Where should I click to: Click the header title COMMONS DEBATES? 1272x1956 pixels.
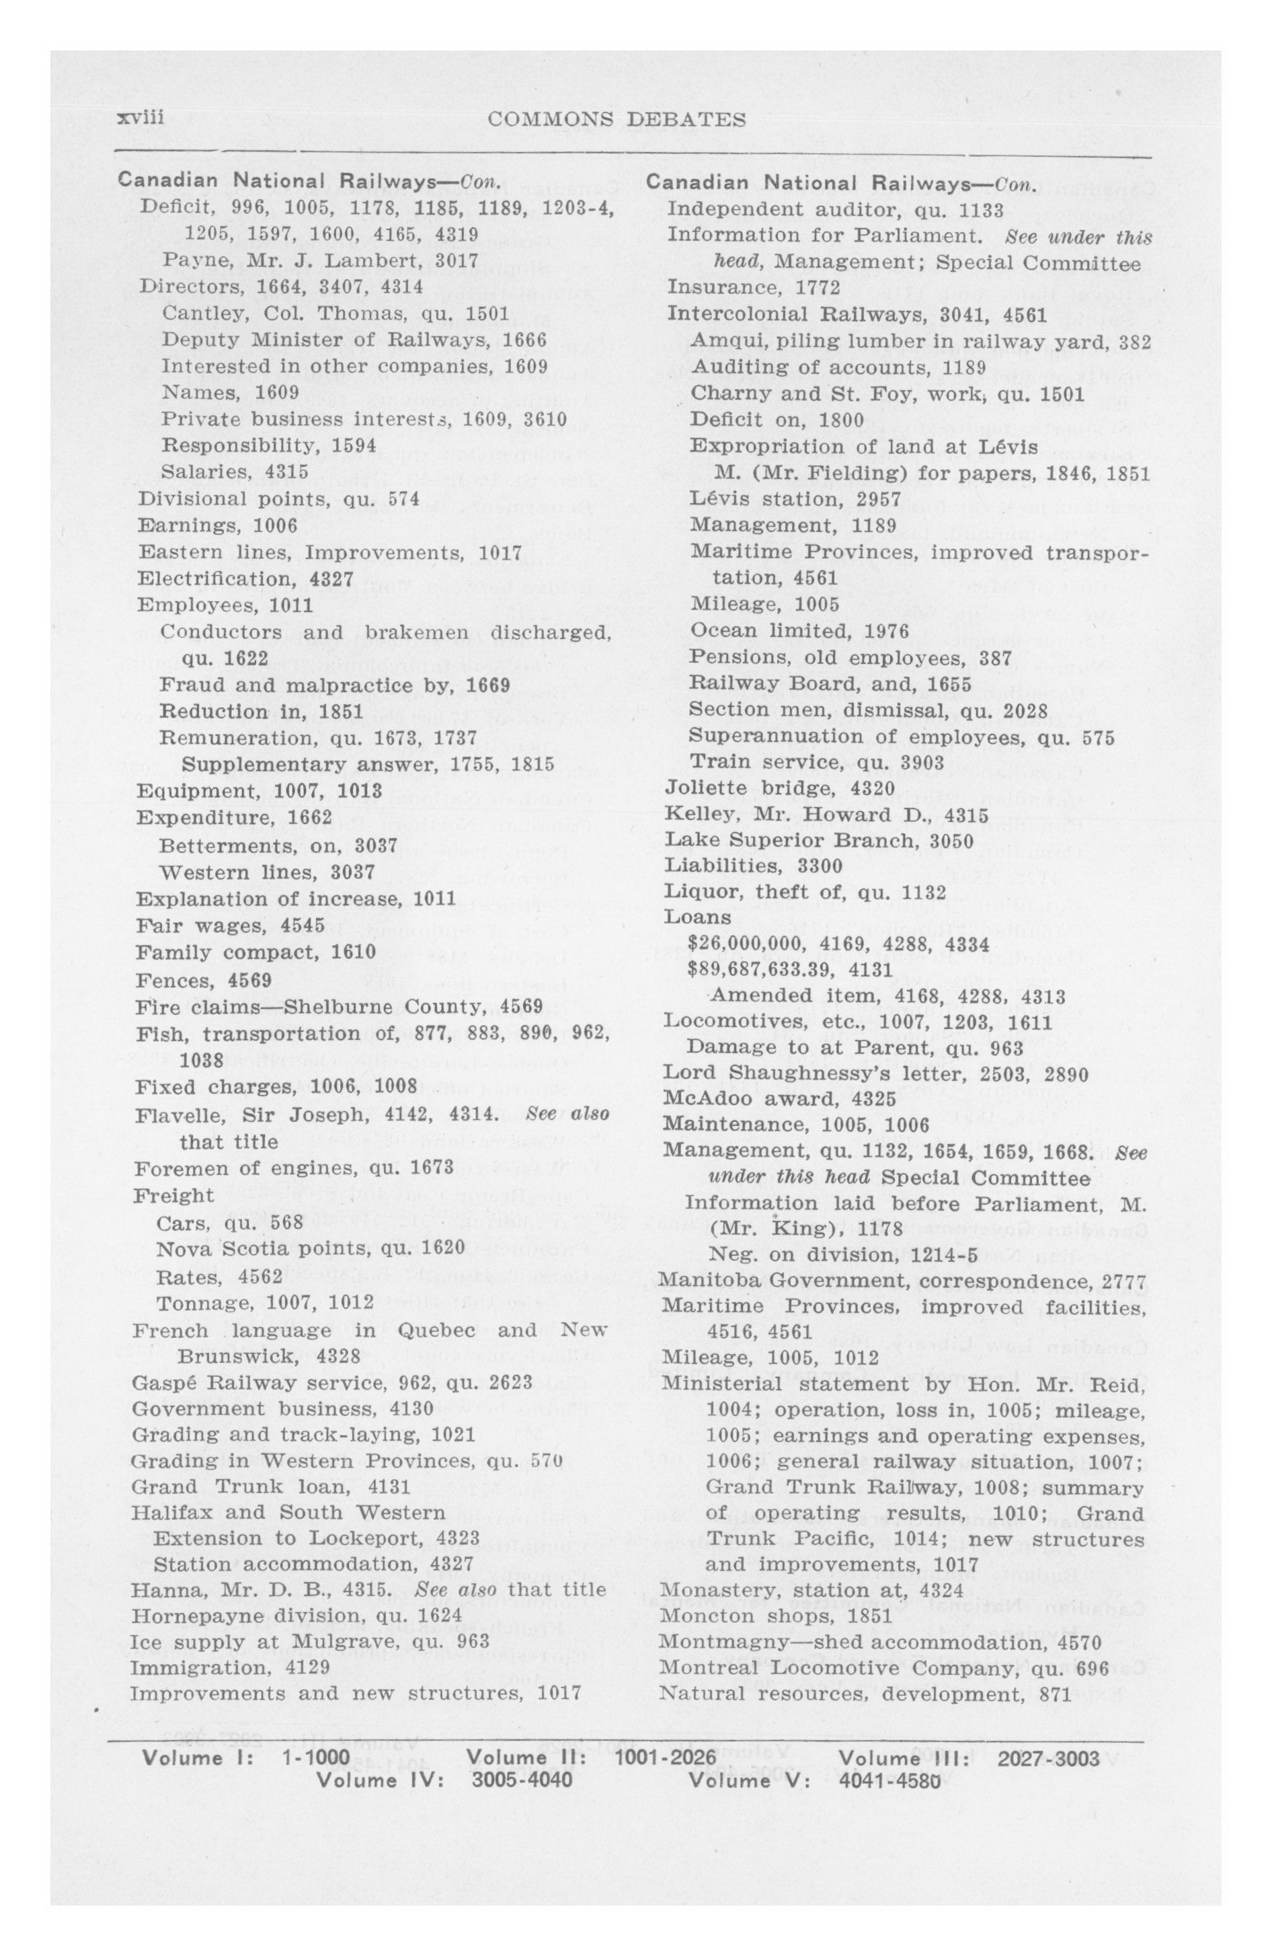pos(617,120)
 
